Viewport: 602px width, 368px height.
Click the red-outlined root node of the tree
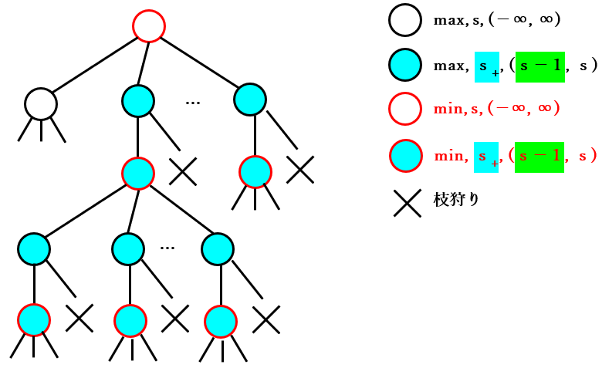click(x=149, y=26)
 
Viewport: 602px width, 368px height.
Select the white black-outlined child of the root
click(x=41, y=104)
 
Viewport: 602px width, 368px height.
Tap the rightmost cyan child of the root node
click(x=250, y=100)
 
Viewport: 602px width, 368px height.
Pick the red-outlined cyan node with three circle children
click(x=138, y=174)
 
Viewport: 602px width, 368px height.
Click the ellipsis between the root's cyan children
click(x=193, y=103)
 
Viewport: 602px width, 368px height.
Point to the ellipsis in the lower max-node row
click(x=167, y=248)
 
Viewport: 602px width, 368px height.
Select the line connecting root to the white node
click(x=95, y=65)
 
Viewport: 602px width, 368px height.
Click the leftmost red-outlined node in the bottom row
click(x=34, y=320)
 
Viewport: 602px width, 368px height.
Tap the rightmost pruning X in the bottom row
click(x=266, y=319)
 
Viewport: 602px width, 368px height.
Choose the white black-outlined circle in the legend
click(x=405, y=20)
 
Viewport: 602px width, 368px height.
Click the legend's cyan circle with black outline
click(x=405, y=65)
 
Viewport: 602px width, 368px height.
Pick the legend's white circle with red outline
click(x=405, y=109)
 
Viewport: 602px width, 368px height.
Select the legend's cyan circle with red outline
click(x=406, y=156)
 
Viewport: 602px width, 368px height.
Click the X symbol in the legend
click(x=408, y=203)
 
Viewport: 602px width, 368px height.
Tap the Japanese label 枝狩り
click(x=456, y=199)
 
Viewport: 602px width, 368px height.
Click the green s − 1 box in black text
click(x=539, y=67)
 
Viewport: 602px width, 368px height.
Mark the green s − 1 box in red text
click(x=539, y=157)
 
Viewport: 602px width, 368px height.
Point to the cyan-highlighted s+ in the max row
click(x=487, y=67)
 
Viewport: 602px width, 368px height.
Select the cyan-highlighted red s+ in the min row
click(x=486, y=157)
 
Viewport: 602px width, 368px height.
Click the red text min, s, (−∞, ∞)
click(x=496, y=109)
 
